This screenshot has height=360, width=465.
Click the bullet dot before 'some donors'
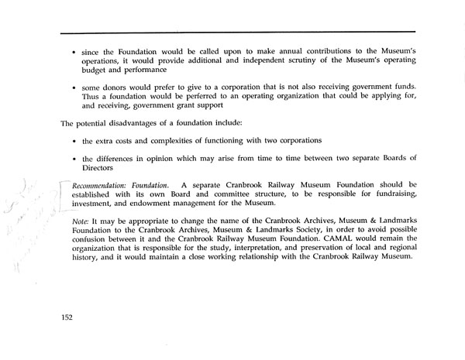click(73, 87)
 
